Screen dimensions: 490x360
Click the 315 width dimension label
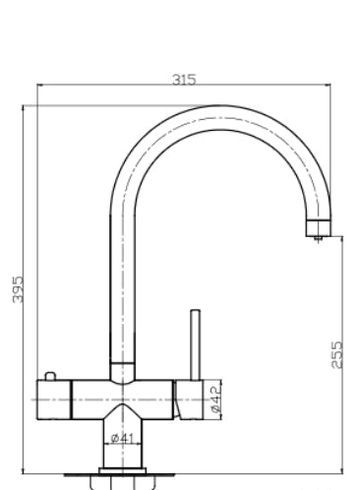(x=183, y=80)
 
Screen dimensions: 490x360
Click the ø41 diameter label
(x=122, y=438)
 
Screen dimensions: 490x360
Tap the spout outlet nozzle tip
(x=317, y=233)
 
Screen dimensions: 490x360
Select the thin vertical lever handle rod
(x=194, y=344)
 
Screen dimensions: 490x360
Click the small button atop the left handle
(x=49, y=378)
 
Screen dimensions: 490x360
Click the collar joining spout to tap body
(x=122, y=371)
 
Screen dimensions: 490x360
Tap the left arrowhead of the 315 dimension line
(x=38, y=86)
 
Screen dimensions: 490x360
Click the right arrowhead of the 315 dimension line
(x=329, y=86)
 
